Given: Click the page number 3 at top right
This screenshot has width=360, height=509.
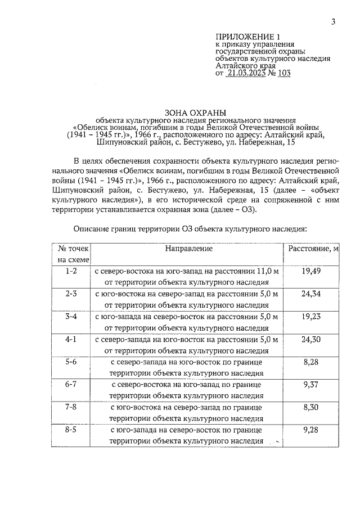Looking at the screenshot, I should click(x=334, y=22).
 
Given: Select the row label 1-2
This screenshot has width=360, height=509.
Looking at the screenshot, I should click(x=71, y=271).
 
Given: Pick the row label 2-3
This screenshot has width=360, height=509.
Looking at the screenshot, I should click(x=71, y=294).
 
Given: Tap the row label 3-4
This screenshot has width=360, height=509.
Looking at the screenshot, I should click(x=71, y=317).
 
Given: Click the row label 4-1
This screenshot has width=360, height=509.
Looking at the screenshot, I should click(x=71, y=340).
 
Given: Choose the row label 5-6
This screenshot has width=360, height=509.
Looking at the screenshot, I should click(x=71, y=363).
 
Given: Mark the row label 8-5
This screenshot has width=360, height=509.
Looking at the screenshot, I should click(x=71, y=430).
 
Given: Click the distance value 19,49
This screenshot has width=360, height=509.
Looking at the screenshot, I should click(x=310, y=271).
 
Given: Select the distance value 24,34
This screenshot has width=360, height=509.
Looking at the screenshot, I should click(x=310, y=294).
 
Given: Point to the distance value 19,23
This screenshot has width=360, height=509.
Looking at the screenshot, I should click(x=310, y=317).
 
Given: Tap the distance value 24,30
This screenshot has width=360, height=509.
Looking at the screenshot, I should click(x=310, y=340).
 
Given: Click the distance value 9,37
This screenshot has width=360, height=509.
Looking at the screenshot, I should click(x=310, y=385).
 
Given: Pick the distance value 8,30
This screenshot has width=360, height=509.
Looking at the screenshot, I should click(x=310, y=408).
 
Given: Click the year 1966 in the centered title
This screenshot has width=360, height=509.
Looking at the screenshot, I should click(x=144, y=136).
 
